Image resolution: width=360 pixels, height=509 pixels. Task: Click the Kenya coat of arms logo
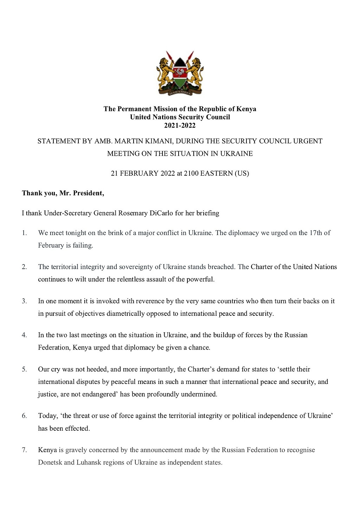[180, 73]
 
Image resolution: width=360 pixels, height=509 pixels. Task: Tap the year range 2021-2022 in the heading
[180, 125]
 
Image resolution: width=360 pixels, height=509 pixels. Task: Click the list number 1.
[24, 233]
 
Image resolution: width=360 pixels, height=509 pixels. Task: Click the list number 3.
[24, 301]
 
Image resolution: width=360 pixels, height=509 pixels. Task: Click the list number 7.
[24, 450]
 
